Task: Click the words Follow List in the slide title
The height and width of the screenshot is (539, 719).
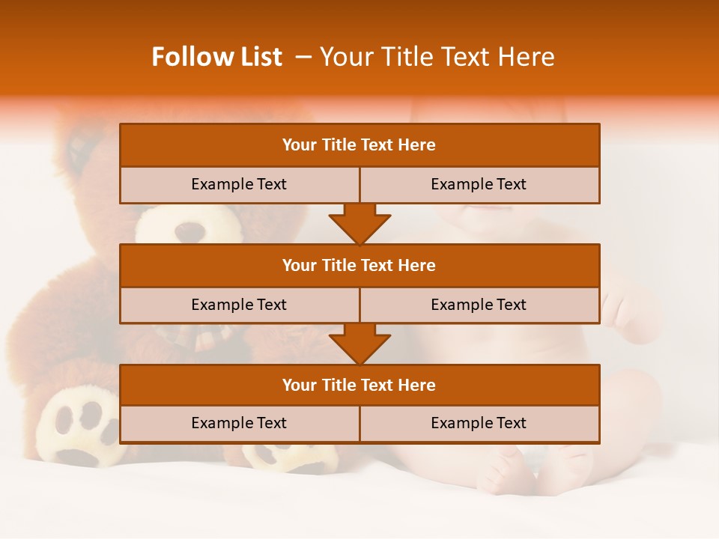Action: tap(216, 57)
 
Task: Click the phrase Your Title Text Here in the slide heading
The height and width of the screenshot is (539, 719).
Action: tap(437, 57)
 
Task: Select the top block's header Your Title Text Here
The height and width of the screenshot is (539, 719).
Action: tap(359, 145)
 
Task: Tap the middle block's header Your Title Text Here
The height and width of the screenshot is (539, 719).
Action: tap(359, 265)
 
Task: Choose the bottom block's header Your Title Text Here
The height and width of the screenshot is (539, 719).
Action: tap(359, 385)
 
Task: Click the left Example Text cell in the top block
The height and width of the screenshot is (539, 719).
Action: tap(239, 184)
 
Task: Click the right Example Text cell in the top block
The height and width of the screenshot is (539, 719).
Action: tap(479, 184)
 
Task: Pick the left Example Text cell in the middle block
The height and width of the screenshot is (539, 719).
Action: tap(239, 305)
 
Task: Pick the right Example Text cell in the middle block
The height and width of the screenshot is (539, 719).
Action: tap(479, 305)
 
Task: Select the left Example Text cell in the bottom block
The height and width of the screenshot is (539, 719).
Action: tap(239, 423)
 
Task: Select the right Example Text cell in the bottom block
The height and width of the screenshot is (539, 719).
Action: tap(479, 423)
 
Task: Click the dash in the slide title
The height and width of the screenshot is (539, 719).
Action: tap(304, 57)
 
